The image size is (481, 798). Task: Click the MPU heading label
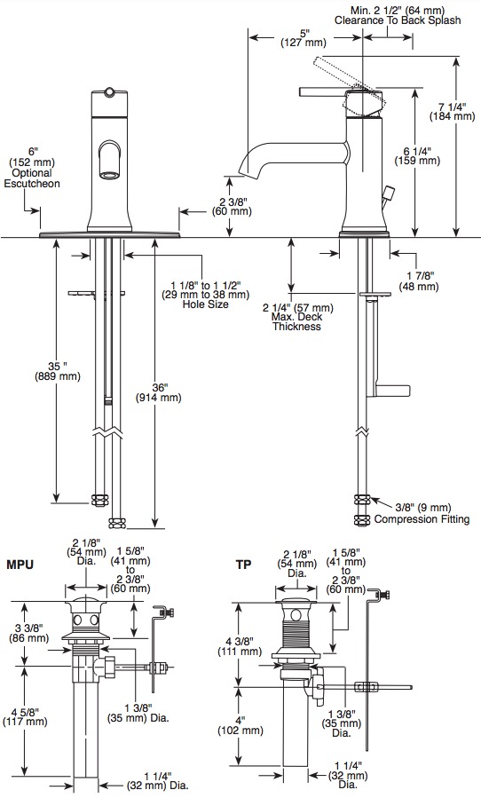pyautogui.click(x=20, y=565)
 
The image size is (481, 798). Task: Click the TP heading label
pyautogui.click(x=243, y=565)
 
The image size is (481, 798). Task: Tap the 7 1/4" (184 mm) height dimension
pyautogui.click(x=452, y=112)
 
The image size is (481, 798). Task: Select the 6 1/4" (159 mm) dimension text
pyautogui.click(x=417, y=155)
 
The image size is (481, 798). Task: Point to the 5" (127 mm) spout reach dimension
pyautogui.click(x=304, y=38)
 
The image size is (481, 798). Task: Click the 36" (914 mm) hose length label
pyautogui.click(x=158, y=392)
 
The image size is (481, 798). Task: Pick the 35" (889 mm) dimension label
pyautogui.click(x=58, y=372)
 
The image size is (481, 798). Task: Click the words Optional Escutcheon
pyautogui.click(x=32, y=178)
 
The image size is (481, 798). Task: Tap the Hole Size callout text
pyautogui.click(x=206, y=304)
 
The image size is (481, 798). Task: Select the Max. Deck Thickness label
pyautogui.click(x=296, y=321)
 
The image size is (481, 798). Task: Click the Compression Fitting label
pyautogui.click(x=422, y=519)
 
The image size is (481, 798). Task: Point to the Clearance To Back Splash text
pyautogui.click(x=398, y=20)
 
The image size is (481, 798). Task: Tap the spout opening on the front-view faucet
pyautogui.click(x=111, y=175)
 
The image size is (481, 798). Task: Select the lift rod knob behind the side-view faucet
pyautogui.click(x=390, y=193)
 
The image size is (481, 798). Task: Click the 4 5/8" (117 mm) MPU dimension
pyautogui.click(x=25, y=716)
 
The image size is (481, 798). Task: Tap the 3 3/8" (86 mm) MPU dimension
pyautogui.click(x=28, y=633)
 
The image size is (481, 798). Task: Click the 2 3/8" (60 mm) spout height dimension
pyautogui.click(x=232, y=205)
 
